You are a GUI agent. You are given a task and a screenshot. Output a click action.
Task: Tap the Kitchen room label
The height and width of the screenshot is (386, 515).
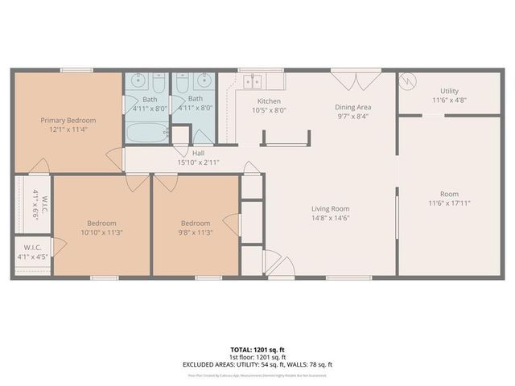[x=268, y=101]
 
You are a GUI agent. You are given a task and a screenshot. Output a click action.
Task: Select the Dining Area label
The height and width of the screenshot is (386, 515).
[x=353, y=106]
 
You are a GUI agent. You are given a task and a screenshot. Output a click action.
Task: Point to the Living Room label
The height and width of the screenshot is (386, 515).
[x=330, y=208]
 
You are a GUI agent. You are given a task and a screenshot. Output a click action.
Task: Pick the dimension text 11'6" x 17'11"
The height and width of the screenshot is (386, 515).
[x=449, y=203]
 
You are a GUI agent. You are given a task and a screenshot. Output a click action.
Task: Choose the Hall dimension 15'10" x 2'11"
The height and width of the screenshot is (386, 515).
[x=198, y=162]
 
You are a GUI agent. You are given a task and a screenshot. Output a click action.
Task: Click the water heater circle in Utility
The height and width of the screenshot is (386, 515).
[x=409, y=82]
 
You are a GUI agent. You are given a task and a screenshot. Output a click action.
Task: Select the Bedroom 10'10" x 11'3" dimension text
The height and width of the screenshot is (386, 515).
[x=102, y=232]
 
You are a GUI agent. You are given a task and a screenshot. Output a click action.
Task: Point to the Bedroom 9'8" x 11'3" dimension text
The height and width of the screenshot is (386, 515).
[x=196, y=232]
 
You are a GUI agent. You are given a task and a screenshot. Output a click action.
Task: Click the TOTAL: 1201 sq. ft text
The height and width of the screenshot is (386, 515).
[x=257, y=350]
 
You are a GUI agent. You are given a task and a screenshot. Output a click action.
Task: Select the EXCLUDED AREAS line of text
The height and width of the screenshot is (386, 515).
[x=257, y=364]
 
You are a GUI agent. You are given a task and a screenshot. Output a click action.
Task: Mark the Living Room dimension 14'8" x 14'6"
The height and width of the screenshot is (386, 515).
[x=330, y=218]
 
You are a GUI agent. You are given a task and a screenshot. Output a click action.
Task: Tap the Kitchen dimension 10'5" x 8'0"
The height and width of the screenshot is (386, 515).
[x=268, y=110]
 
